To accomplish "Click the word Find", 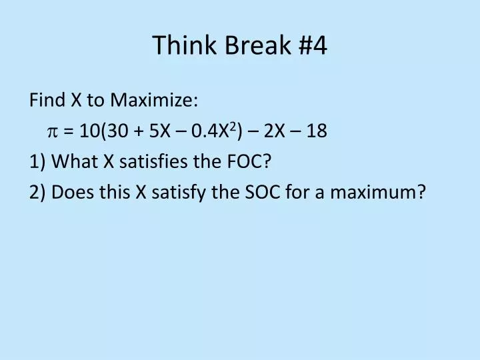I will (47, 101).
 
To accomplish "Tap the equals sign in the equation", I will (69, 131).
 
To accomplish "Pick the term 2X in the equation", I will (273, 131).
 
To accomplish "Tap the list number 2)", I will (37, 193).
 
